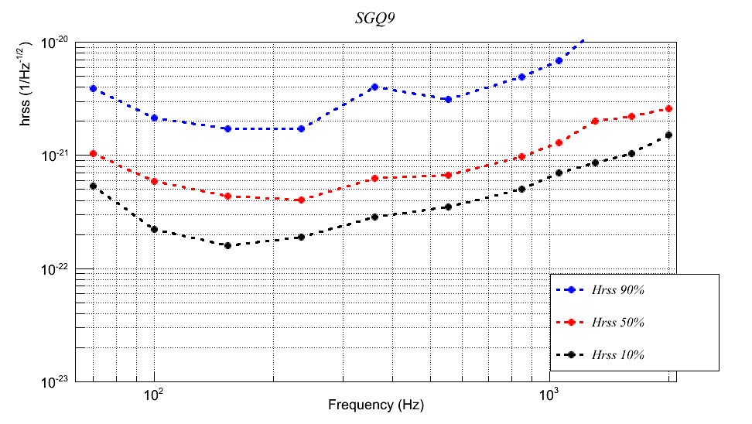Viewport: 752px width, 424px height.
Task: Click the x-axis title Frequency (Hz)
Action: (x=376, y=405)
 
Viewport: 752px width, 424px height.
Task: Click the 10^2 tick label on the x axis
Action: (x=154, y=395)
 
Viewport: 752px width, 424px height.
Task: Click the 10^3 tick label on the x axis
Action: (x=549, y=395)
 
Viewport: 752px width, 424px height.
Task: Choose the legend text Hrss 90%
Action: (x=618, y=289)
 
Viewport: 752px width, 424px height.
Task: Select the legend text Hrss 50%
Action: (x=618, y=322)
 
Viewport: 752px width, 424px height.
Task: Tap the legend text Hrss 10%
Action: (x=618, y=354)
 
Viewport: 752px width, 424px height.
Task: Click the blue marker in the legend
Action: (x=571, y=289)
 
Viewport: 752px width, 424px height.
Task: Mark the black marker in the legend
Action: (x=571, y=354)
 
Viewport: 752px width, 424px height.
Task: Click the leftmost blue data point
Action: (x=93, y=88)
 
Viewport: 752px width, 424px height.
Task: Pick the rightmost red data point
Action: (x=668, y=108)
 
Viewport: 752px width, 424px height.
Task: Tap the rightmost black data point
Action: (x=668, y=135)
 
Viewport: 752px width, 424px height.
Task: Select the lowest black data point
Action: (x=227, y=245)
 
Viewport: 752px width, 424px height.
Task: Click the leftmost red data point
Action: (x=93, y=153)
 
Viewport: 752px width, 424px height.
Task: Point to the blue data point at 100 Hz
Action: (x=155, y=118)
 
